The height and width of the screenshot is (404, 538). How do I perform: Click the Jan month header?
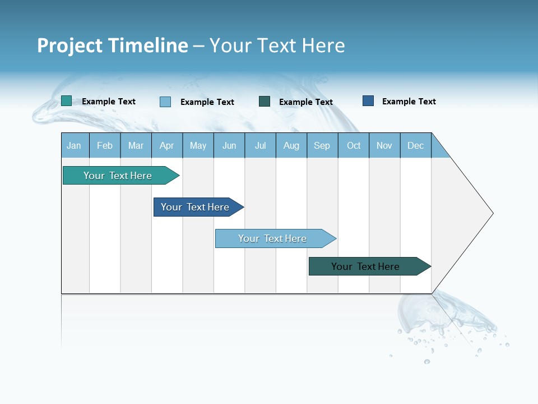[x=75, y=145]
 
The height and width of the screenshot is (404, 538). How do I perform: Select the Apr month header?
[x=167, y=145]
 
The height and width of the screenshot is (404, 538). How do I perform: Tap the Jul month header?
[x=261, y=145]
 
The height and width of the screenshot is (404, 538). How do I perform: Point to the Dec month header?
[x=416, y=145]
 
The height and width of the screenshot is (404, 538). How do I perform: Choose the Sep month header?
[x=322, y=145]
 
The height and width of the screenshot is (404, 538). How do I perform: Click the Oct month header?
[x=354, y=145]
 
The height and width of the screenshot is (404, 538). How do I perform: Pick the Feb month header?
[x=105, y=145]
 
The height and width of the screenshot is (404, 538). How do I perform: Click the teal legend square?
[x=66, y=101]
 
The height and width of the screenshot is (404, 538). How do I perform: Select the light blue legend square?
[x=165, y=102]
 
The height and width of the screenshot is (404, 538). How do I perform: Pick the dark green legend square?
[x=265, y=101]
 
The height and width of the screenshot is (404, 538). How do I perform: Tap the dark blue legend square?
[x=368, y=100]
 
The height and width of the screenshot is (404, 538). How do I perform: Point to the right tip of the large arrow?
[x=491, y=213]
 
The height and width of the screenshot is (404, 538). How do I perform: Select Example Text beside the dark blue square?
[x=409, y=101]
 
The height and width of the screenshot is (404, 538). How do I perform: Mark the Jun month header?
[x=229, y=145]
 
